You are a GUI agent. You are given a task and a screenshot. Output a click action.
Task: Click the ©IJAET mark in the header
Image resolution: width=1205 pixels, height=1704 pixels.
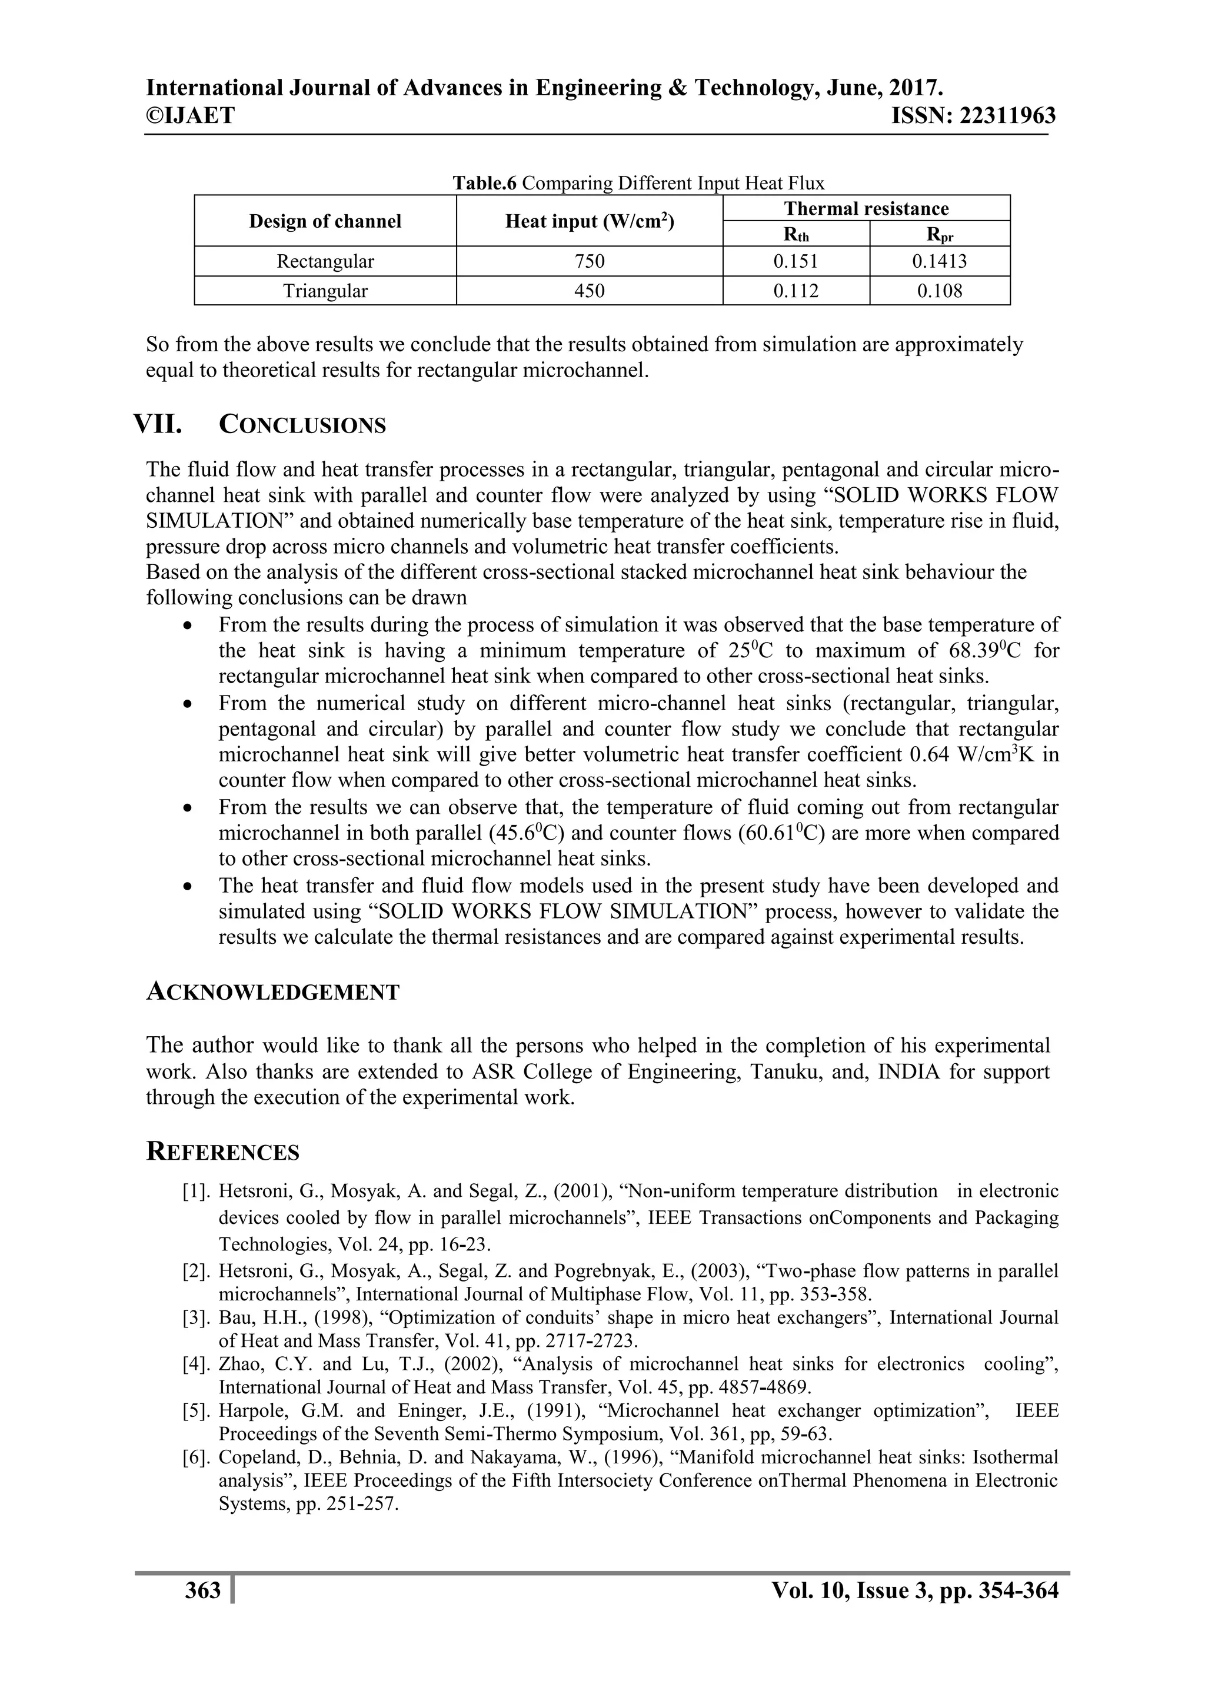pos(190,116)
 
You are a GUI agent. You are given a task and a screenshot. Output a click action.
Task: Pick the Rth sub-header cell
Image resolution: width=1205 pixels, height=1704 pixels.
pos(796,235)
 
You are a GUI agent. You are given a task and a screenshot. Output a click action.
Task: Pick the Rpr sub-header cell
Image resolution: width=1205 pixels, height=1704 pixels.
pos(940,235)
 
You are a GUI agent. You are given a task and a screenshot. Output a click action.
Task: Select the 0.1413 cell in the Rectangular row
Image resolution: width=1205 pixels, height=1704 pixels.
pos(940,261)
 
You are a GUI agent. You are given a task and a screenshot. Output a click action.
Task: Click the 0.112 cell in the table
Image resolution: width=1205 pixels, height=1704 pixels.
pos(796,291)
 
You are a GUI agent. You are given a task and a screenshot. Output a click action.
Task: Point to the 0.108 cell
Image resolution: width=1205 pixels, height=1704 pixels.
pos(940,291)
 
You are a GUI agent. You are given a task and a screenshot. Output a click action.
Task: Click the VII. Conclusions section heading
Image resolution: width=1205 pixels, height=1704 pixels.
pos(259,425)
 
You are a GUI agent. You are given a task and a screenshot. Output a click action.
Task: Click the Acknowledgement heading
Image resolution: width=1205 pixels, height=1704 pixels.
pos(272,991)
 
